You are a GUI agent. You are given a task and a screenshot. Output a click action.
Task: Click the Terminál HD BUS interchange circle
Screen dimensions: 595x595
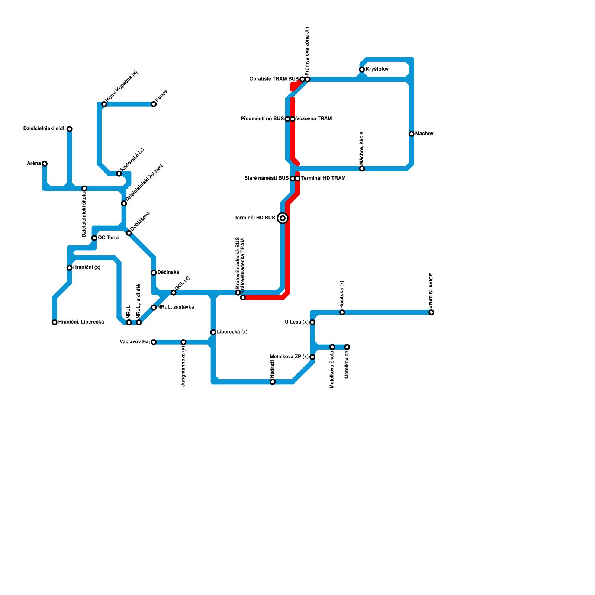point(283,218)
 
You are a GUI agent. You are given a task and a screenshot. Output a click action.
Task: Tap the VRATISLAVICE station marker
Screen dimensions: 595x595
point(431,312)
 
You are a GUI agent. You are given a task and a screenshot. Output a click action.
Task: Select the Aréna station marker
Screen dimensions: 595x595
point(45,164)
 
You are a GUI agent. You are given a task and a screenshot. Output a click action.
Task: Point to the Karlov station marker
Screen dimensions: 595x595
point(154,104)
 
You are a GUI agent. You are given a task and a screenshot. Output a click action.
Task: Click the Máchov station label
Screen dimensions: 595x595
point(424,134)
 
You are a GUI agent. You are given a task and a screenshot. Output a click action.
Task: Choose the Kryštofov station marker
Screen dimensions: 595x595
point(362,70)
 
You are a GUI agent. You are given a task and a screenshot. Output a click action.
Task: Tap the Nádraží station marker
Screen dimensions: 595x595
point(273,382)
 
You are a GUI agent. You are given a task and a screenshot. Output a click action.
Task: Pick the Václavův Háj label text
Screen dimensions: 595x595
point(135,342)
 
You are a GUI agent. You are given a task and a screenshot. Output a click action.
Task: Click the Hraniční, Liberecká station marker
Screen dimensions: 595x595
point(55,322)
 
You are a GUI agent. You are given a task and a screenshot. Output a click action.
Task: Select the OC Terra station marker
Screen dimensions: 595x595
point(94,238)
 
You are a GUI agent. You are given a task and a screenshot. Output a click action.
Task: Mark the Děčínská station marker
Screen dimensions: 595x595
point(154,273)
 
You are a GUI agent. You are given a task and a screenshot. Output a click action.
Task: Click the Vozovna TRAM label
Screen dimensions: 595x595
point(314,119)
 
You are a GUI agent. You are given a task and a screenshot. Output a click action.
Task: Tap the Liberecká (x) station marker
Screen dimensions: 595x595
point(213,332)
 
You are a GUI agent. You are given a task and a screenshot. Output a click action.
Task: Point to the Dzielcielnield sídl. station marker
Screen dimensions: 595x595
point(70,129)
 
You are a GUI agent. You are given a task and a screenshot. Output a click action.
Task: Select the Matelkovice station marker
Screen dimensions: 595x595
point(347,347)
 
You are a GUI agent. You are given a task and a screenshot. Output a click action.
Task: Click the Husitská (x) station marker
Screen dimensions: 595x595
point(342,312)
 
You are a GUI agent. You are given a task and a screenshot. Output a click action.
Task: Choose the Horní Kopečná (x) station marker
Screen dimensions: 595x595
point(104,104)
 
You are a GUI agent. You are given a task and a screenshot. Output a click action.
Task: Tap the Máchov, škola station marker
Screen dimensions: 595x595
point(362,169)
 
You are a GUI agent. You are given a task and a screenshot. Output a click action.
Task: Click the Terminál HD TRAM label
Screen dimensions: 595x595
point(323,178)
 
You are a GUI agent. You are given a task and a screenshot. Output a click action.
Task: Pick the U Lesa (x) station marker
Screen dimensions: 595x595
point(312,322)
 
